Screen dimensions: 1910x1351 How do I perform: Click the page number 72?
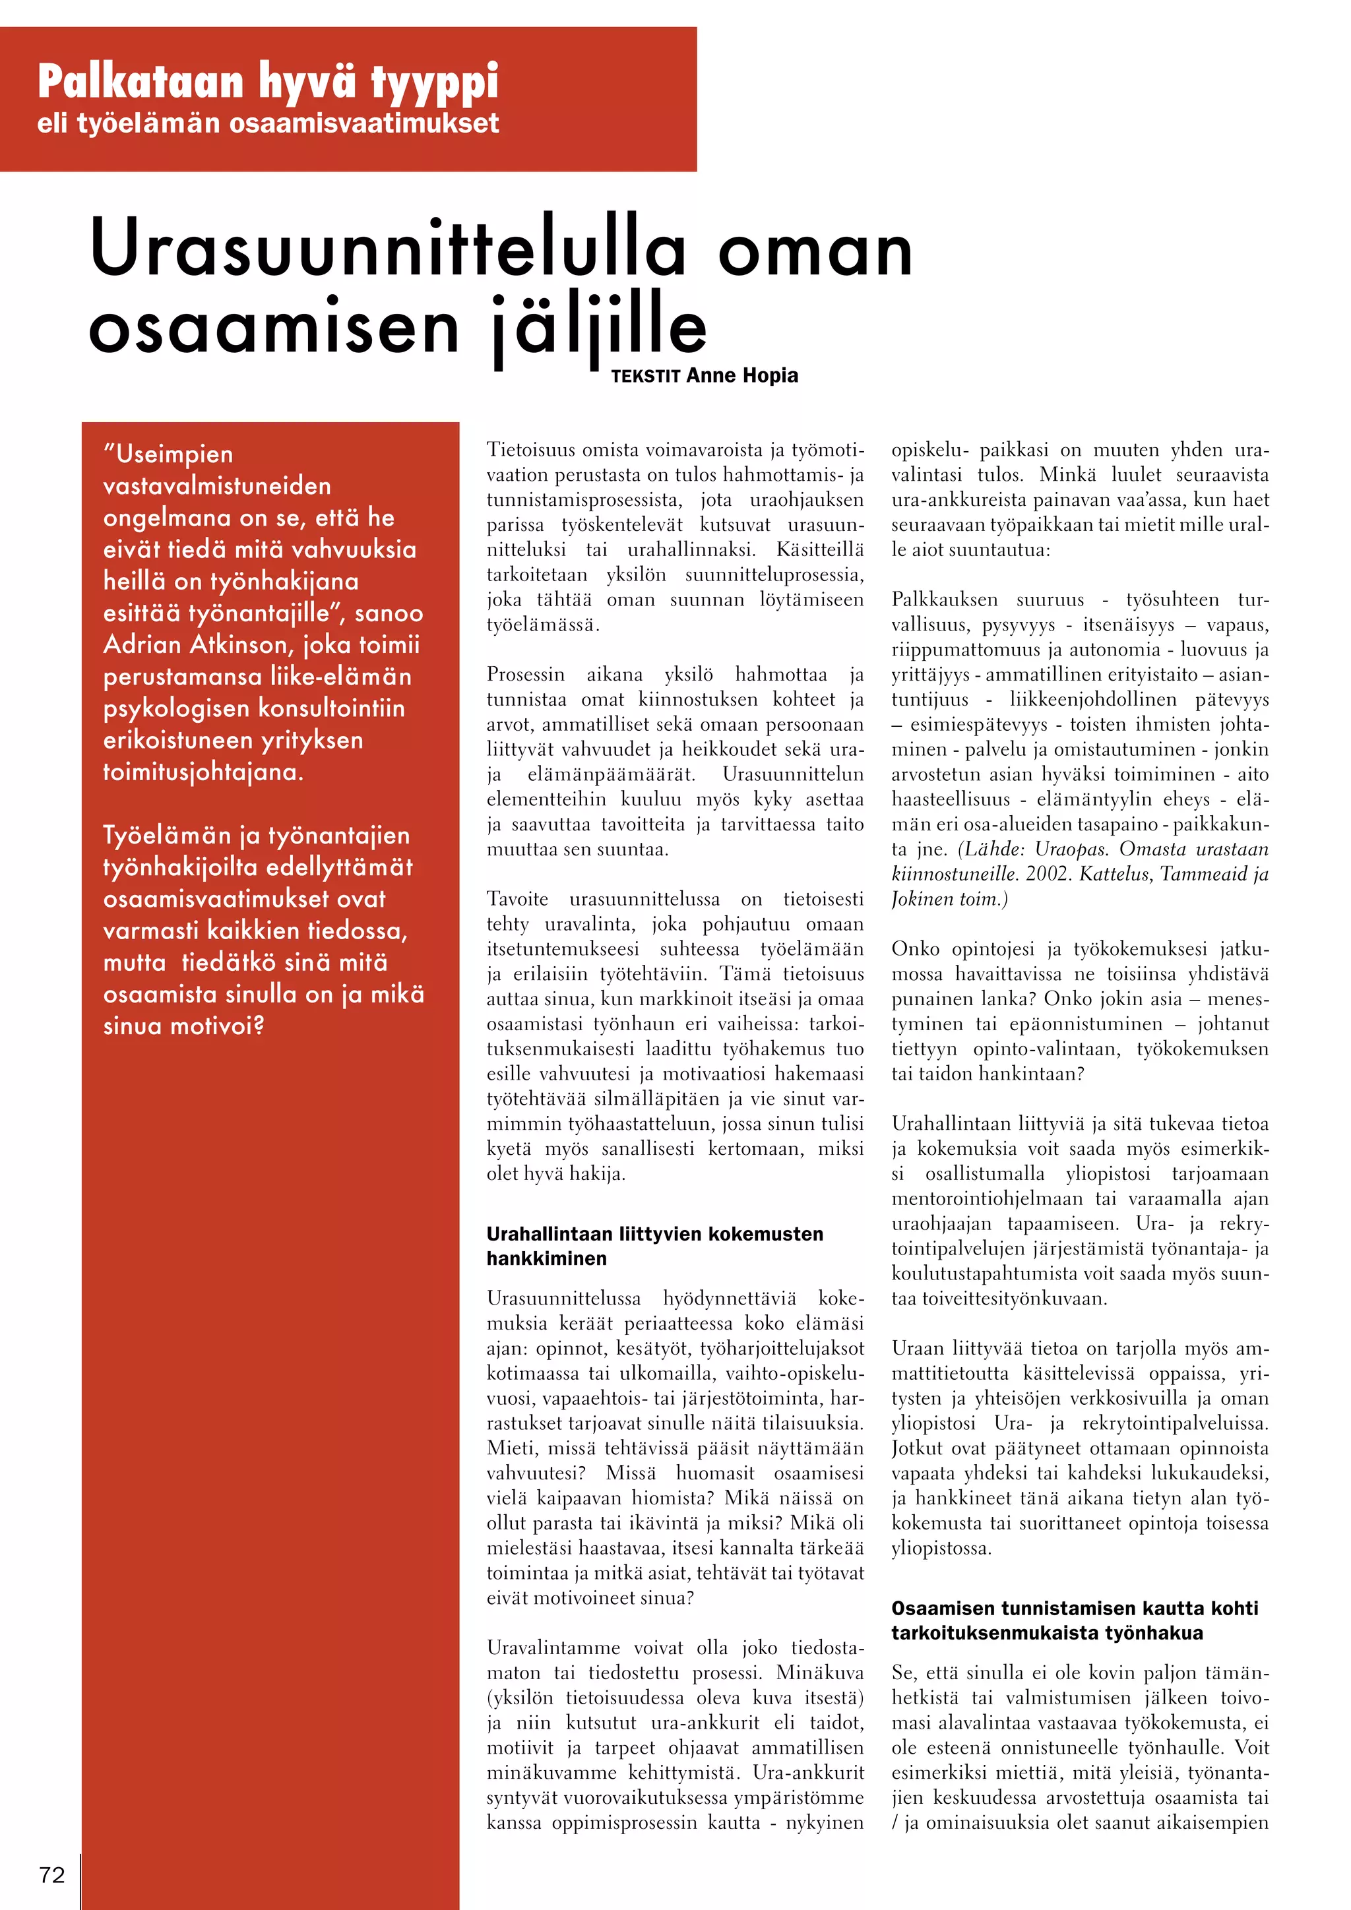pyautogui.click(x=51, y=1874)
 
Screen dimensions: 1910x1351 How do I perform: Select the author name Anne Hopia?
pyautogui.click(x=742, y=375)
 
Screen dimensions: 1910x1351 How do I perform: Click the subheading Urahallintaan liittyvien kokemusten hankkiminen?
pyautogui.click(x=654, y=1245)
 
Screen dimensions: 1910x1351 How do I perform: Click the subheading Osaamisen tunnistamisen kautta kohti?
pyautogui.click(x=1074, y=1608)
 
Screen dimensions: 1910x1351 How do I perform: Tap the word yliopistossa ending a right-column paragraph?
pyautogui.click(x=940, y=1548)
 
